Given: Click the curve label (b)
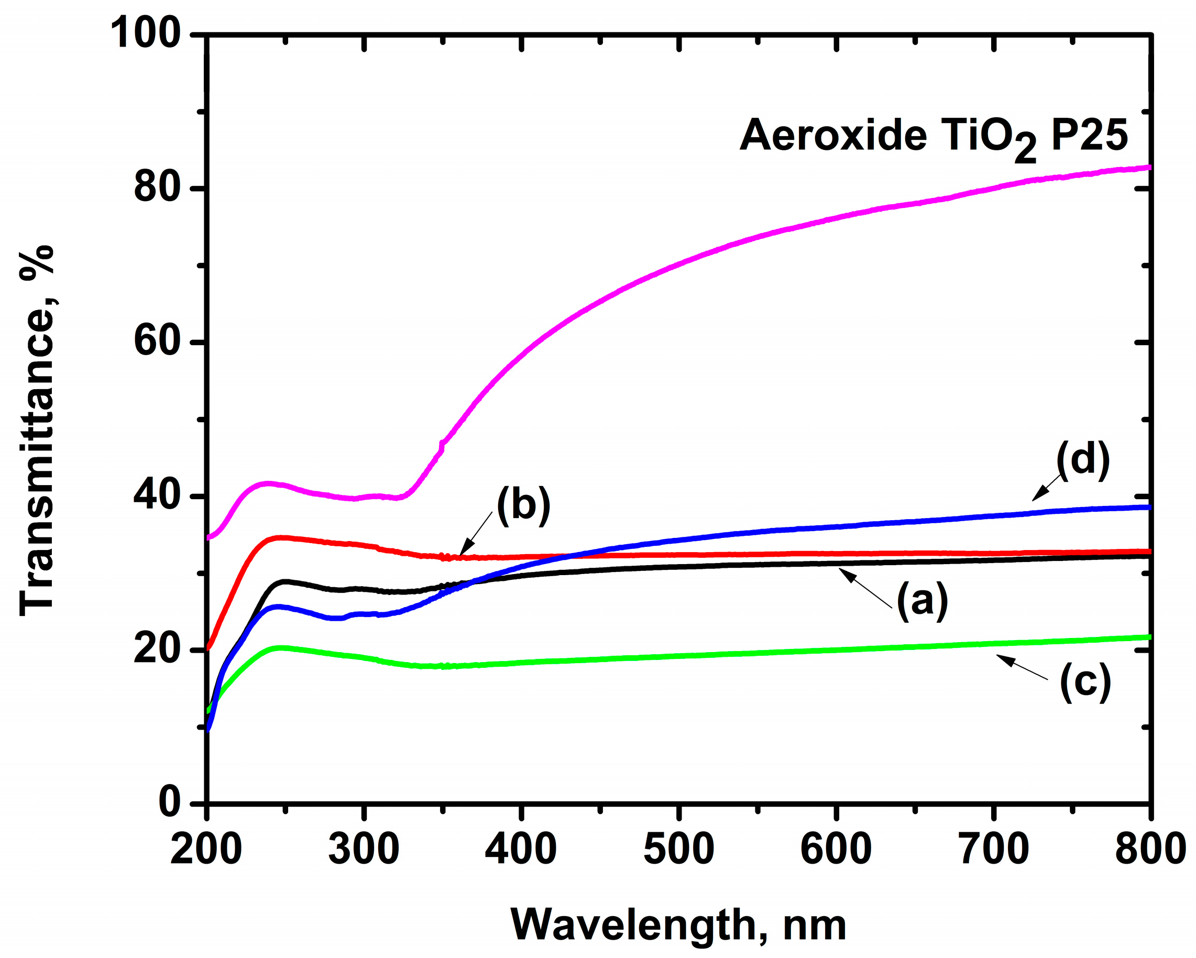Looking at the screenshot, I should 523,506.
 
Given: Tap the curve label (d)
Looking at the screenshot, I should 1083,460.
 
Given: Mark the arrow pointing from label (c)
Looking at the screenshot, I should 1023,668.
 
